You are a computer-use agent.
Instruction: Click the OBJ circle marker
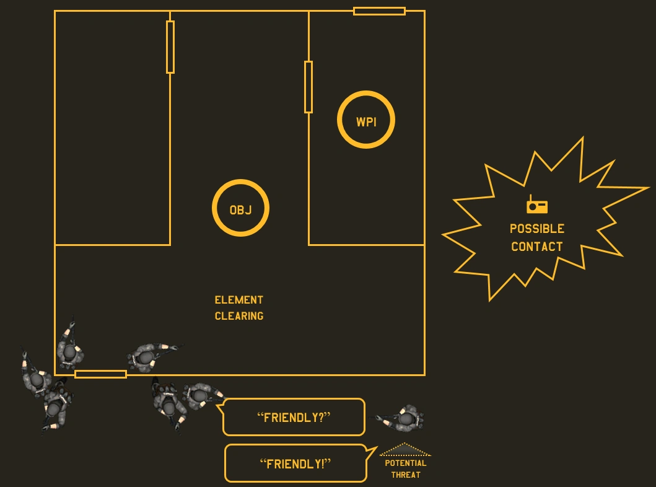coord(240,209)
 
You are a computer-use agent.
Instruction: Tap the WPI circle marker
coord(365,120)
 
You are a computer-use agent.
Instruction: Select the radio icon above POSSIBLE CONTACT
coord(536,205)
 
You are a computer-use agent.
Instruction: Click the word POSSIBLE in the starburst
coord(536,229)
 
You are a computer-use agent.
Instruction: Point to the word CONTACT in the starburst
coord(536,247)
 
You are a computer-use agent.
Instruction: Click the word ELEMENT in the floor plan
coord(238,300)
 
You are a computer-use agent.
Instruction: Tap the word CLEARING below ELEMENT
coord(238,316)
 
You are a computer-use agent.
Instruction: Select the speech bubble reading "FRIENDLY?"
coord(294,417)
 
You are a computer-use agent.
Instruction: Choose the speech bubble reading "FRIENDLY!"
coord(295,463)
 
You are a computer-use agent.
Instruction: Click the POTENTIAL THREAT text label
coord(406,469)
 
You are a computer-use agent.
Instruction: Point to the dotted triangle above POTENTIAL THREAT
coord(405,450)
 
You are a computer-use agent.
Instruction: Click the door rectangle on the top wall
coord(379,11)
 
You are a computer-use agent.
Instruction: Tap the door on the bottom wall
coord(100,374)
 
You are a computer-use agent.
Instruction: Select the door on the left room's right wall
coord(170,47)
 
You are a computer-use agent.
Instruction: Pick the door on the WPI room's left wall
coord(308,87)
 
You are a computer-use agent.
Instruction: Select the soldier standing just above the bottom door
coord(70,351)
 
